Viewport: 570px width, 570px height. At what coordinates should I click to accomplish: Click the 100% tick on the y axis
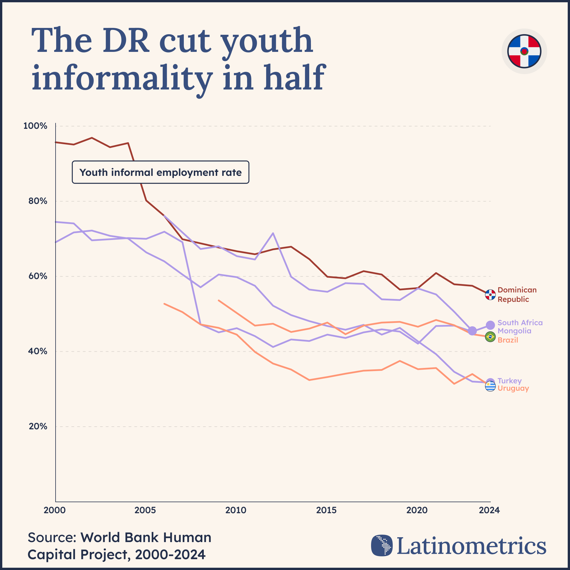[x=35, y=126]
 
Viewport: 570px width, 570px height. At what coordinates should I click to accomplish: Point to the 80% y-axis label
[x=36, y=201]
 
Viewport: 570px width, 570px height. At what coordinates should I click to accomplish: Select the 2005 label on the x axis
[x=145, y=510]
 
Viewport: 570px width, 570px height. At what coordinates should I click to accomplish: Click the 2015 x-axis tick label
[x=326, y=510]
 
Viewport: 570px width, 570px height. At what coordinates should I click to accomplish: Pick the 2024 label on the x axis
[x=489, y=510]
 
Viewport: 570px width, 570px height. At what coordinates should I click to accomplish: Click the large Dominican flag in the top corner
[x=524, y=51]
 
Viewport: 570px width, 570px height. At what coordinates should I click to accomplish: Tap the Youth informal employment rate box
[x=160, y=172]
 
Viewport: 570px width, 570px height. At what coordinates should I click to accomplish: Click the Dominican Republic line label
[x=517, y=294]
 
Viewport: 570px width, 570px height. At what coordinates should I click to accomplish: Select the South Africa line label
[x=520, y=323]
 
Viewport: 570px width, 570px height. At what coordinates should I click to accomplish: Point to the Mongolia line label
[x=514, y=331]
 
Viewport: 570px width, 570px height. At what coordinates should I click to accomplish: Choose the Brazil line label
[x=508, y=340]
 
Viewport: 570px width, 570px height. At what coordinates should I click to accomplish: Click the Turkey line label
[x=510, y=381]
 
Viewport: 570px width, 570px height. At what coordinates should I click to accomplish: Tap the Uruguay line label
[x=513, y=388]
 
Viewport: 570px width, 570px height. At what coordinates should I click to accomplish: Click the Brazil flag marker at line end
[x=490, y=337]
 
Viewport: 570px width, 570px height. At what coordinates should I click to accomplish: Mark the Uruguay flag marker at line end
[x=490, y=386]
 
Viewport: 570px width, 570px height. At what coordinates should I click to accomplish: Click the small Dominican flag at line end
[x=490, y=295]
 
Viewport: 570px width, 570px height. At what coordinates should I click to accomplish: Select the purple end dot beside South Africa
[x=490, y=325]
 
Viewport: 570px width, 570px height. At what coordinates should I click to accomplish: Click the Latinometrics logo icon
[x=382, y=545]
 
